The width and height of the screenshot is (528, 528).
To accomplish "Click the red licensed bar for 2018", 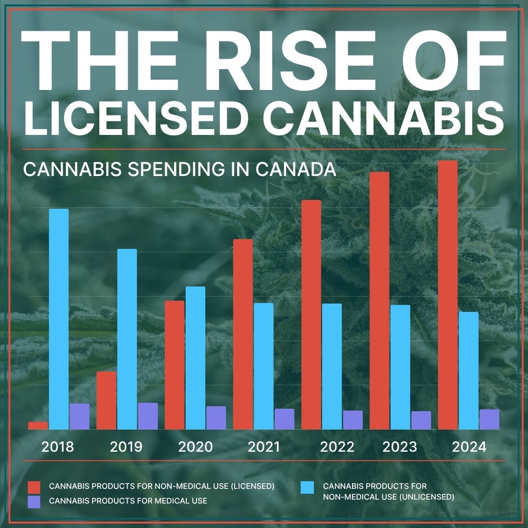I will coord(38,426).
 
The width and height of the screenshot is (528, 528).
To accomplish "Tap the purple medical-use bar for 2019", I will coord(148,416).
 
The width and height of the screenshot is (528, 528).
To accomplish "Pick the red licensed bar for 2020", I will coord(175,365).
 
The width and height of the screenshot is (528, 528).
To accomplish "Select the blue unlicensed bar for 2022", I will coord(332,366).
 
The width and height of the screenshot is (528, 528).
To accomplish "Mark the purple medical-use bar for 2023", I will coord(421,420).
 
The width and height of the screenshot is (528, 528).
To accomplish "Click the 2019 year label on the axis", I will coord(126,447).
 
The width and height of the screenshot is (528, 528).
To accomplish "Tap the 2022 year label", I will coord(337,447).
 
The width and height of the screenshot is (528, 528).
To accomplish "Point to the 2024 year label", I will coord(469,447).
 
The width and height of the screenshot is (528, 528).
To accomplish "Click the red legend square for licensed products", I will coord(34,487).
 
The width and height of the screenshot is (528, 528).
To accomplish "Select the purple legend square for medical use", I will coord(34,502).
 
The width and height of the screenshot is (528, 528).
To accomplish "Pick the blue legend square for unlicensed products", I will coord(307,487).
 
